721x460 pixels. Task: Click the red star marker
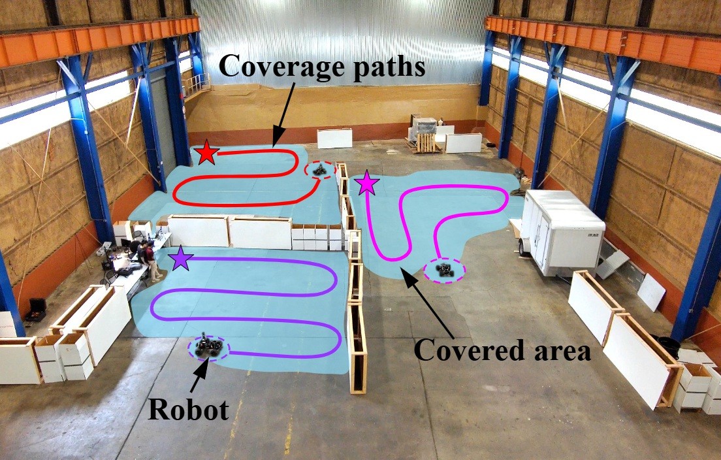click(207, 154)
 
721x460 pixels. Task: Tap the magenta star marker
click(367, 184)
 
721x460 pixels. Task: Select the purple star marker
click(180, 259)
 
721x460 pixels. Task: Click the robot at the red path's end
click(320, 170)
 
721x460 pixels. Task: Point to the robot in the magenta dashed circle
click(445, 269)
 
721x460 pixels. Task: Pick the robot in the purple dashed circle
click(208, 346)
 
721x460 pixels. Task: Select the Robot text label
click(188, 410)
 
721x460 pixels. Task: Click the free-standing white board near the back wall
click(334, 138)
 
